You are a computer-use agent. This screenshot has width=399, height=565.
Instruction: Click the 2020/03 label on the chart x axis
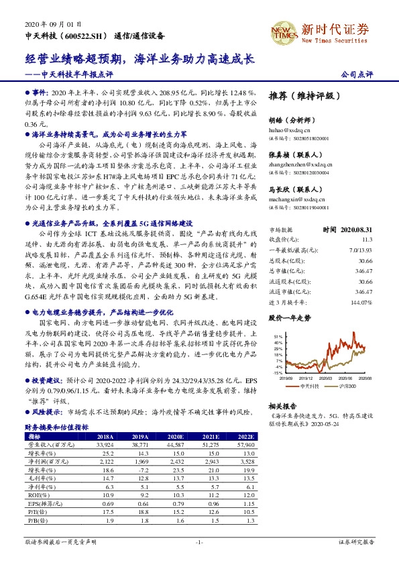pos(325,378)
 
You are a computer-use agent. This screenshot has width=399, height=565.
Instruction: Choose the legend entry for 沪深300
pos(345,387)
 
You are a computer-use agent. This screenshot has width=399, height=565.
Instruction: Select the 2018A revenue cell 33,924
pos(105,444)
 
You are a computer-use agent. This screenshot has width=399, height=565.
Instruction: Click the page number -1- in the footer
pos(198,542)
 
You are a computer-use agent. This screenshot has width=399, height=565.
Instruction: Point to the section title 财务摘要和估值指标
pos(56,427)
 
